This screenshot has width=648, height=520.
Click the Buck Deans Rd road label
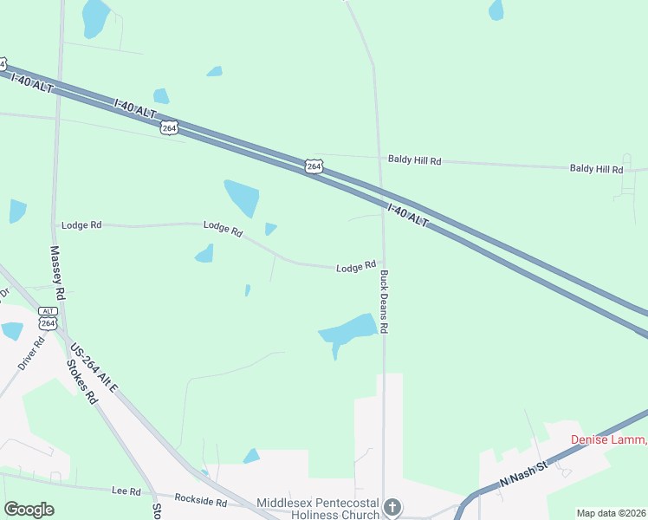point(384,302)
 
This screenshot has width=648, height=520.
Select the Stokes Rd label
point(83,382)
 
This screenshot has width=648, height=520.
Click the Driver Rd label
point(33,351)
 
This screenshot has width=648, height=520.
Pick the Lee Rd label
point(126,491)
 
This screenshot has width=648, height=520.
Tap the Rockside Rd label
point(200,501)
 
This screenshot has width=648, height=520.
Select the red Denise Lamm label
point(608,439)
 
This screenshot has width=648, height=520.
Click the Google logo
point(29,510)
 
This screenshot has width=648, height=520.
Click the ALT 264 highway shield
point(48,319)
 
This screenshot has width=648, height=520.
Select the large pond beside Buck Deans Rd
point(348,330)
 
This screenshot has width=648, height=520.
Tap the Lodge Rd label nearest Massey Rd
point(81,225)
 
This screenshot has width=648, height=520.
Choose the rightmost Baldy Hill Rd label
point(596,169)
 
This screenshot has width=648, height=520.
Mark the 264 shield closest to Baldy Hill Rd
point(314,166)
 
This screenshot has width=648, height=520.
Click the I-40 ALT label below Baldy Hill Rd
point(407,216)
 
